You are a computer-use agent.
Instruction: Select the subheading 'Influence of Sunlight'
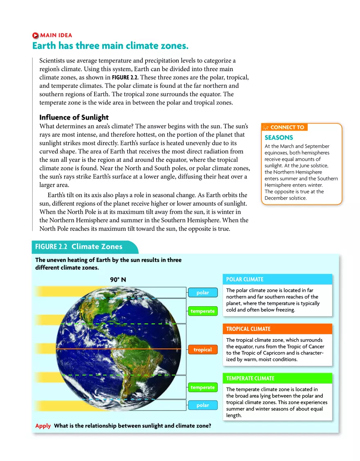[74, 118]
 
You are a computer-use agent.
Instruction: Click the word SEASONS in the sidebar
[279, 138]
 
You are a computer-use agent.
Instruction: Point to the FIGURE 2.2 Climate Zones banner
[79, 246]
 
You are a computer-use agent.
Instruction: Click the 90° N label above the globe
[118, 280]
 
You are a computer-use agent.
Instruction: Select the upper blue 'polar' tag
[202, 292]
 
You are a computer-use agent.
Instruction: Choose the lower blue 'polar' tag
[202, 405]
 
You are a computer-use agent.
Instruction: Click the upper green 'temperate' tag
[202, 311]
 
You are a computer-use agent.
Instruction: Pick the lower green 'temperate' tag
[202, 387]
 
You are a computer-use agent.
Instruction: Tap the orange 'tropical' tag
[202, 350]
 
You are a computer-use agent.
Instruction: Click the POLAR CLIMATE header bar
[277, 279]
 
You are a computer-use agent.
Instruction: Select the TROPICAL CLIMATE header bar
[277, 329]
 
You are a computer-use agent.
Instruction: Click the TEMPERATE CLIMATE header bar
[277, 378]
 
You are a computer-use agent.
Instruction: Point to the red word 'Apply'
[43, 426]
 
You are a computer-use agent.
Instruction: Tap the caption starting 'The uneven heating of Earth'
[108, 264]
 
